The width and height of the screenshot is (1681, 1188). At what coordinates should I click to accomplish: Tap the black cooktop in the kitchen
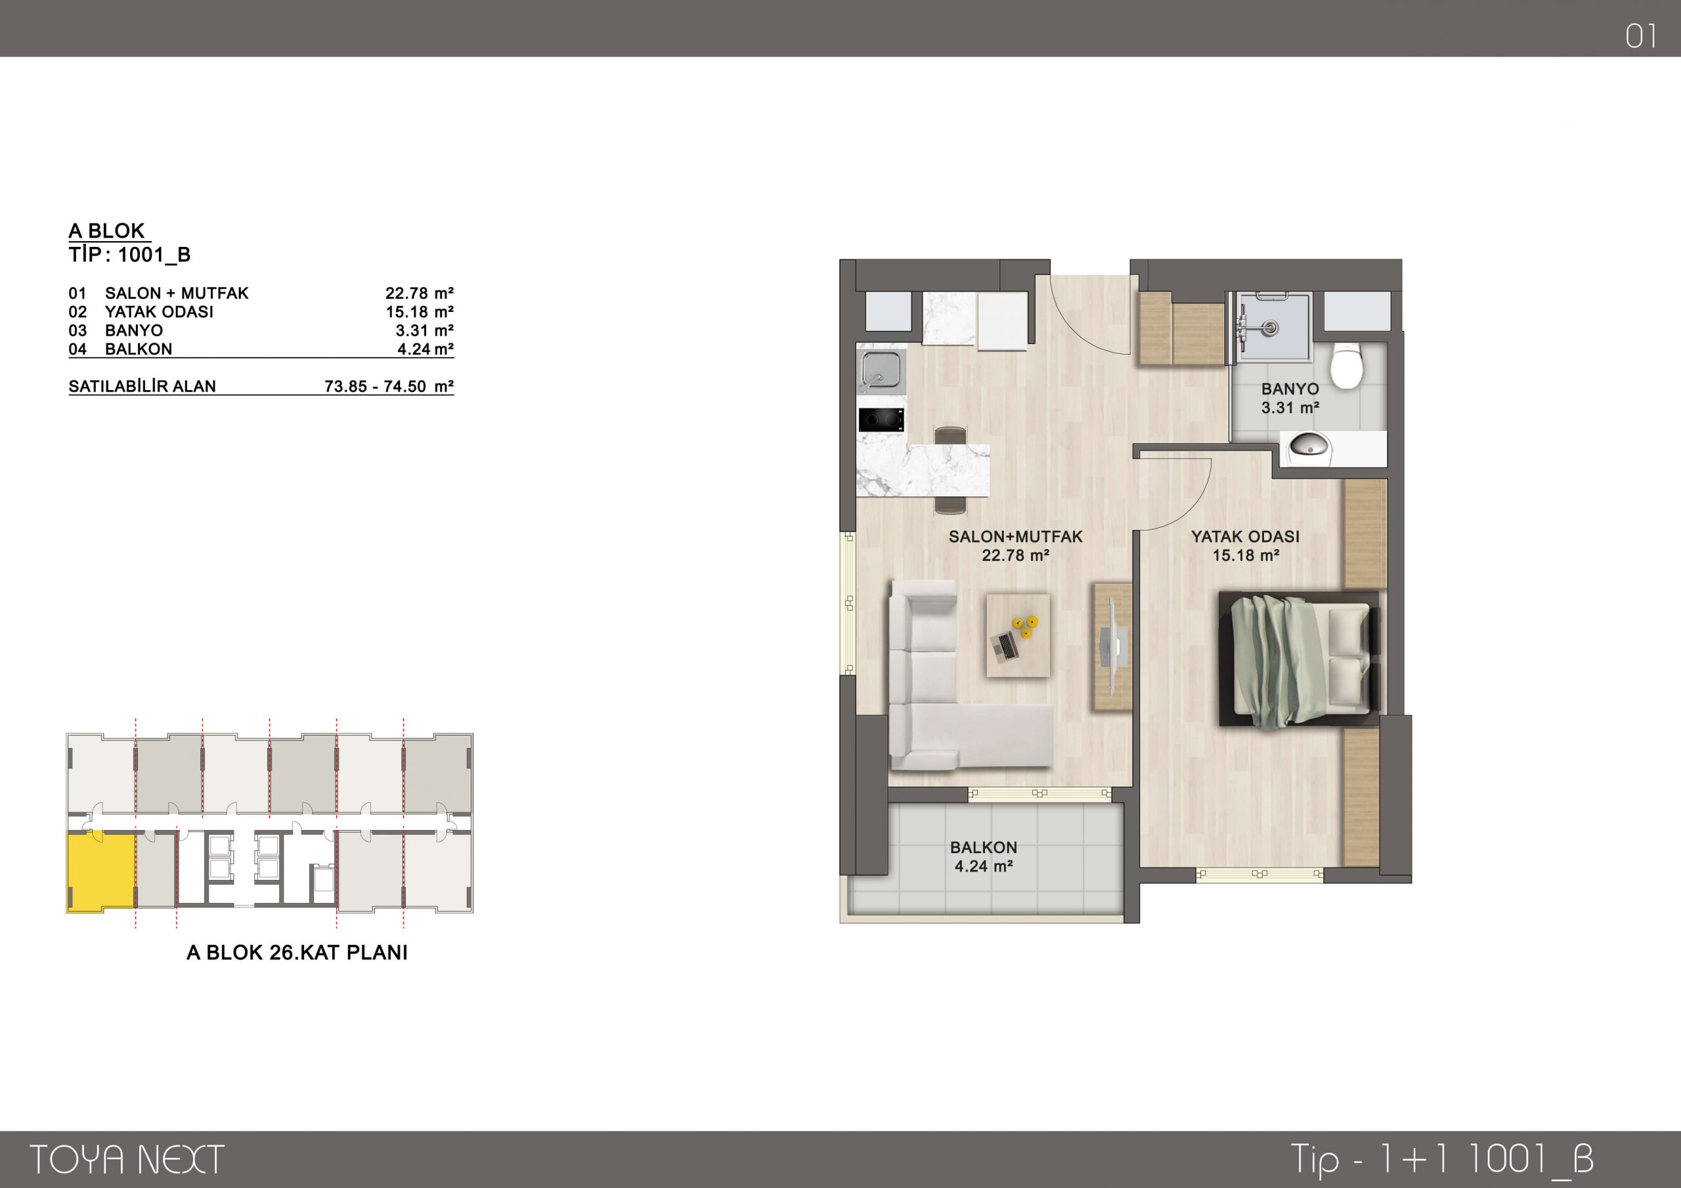881,420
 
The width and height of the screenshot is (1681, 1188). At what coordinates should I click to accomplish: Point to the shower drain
1271,328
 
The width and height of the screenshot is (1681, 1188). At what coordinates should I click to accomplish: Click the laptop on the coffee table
1004,644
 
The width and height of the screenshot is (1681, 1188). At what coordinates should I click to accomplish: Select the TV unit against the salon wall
1112,646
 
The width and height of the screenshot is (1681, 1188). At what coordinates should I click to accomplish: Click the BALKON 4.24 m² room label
983,856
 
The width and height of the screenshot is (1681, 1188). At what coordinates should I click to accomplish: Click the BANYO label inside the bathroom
1290,389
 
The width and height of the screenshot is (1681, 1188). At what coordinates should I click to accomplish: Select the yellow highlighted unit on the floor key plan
101,871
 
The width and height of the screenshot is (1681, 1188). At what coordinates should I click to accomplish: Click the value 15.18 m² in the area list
420,312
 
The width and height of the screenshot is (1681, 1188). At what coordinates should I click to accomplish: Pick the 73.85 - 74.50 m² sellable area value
389,386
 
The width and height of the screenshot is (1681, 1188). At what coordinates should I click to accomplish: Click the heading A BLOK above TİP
107,231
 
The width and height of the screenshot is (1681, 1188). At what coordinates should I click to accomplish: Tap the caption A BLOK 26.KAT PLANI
297,953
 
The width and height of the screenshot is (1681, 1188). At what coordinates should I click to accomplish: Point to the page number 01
1641,36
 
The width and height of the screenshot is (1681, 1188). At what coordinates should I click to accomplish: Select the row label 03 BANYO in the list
116,330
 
